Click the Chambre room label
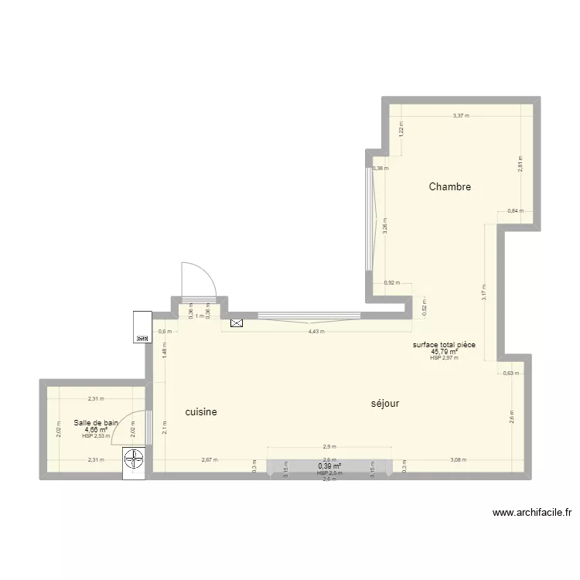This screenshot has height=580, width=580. (x=450, y=187)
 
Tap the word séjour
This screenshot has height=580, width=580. (x=385, y=404)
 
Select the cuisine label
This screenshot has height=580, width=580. (x=201, y=413)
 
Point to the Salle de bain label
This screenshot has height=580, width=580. (x=97, y=422)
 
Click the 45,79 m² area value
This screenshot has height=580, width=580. (x=444, y=351)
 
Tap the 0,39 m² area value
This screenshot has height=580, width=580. (x=329, y=466)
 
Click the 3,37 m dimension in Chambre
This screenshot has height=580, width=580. (x=461, y=116)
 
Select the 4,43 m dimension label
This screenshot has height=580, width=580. (x=316, y=332)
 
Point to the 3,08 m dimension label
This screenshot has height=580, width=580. (x=459, y=460)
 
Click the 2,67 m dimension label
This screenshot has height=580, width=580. (x=210, y=460)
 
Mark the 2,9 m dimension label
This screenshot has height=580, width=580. (x=329, y=447)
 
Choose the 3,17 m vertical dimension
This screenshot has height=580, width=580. (x=485, y=292)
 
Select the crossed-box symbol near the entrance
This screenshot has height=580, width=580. (x=236, y=324)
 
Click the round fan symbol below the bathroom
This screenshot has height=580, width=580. (x=135, y=460)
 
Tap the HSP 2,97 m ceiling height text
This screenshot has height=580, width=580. (x=444, y=358)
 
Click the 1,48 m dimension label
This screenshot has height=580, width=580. (x=165, y=352)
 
